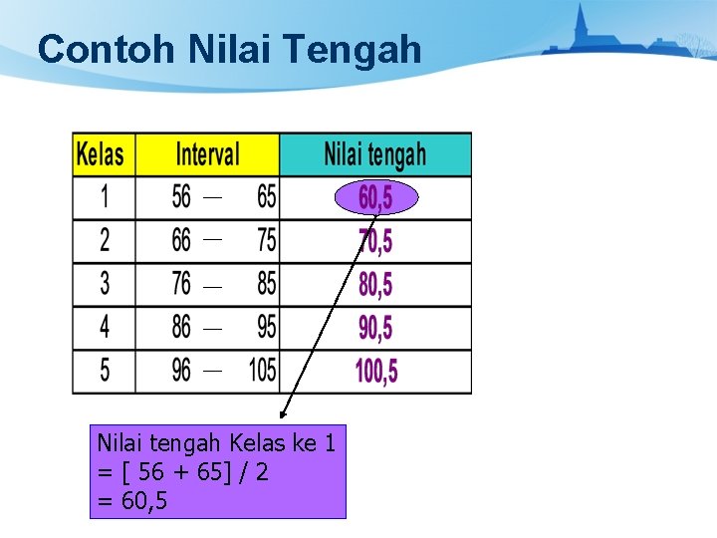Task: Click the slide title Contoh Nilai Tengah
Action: click(x=229, y=49)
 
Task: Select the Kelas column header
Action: click(x=102, y=154)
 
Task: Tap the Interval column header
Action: click(x=207, y=154)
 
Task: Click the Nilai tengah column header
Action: click(x=374, y=154)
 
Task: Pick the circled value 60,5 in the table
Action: click(x=375, y=198)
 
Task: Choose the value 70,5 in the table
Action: click(x=375, y=241)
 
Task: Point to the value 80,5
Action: click(x=375, y=285)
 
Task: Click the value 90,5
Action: click(x=375, y=328)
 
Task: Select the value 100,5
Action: click(x=376, y=372)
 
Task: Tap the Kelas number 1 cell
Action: click(x=105, y=197)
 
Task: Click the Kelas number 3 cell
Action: click(x=105, y=284)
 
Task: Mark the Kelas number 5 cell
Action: click(x=105, y=371)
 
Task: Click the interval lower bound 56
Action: click(x=181, y=197)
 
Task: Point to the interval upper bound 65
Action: click(x=266, y=197)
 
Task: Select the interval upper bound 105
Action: click(x=263, y=371)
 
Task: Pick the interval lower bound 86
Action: click(x=181, y=327)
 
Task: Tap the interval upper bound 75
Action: click(x=266, y=240)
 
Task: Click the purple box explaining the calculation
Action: click(x=217, y=471)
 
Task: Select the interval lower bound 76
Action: click(x=181, y=284)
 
